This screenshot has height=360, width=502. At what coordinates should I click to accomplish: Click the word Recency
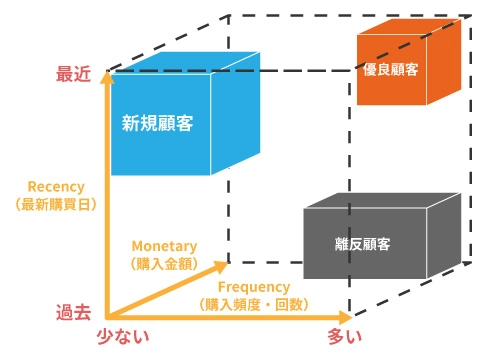click(56, 186)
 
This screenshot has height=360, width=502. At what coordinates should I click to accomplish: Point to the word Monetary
click(165, 246)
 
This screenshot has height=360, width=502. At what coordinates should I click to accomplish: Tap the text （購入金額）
click(165, 264)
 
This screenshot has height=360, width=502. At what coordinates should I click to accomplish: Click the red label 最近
click(73, 73)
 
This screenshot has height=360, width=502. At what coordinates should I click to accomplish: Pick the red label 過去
click(73, 311)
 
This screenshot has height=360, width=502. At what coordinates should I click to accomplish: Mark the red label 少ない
click(121, 337)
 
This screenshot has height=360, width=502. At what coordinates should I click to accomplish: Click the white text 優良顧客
click(391, 71)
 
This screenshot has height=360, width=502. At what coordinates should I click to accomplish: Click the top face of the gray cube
click(385, 203)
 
